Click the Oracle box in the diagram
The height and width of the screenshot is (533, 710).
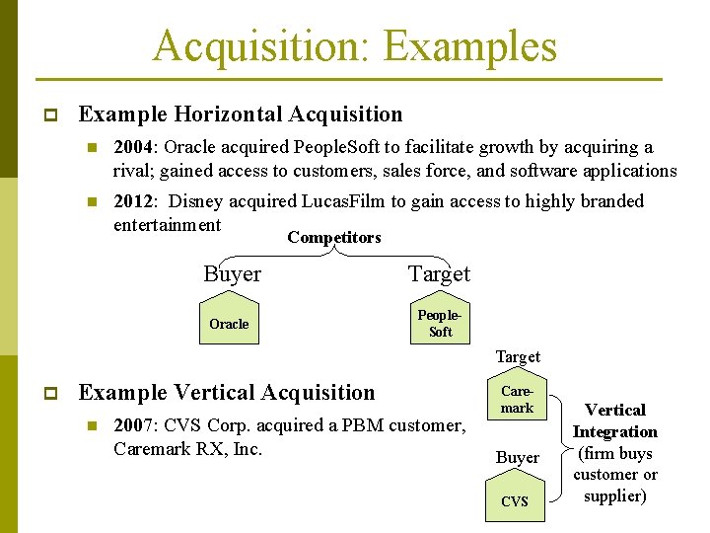coord(229,324)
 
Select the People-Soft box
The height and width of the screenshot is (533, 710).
coord(440,324)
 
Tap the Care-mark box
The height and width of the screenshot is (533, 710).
coord(517,400)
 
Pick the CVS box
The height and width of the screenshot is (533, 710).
coord(515,501)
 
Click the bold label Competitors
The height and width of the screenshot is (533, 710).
coord(333,237)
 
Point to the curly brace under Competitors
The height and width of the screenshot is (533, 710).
coord(335,251)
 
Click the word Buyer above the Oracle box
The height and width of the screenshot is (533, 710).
coord(232,274)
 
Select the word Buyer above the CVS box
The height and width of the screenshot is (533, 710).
coord(517,457)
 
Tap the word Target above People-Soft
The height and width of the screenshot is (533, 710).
coord(439,274)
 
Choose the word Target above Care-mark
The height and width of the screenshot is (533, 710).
coord(517,356)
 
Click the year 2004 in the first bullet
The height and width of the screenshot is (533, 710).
coord(133,147)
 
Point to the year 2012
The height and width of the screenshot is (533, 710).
coord(133,201)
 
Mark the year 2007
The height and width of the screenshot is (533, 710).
coord(133,425)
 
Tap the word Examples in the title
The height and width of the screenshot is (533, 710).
coord(469,46)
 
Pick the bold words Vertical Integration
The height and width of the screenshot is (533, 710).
coord(614,420)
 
